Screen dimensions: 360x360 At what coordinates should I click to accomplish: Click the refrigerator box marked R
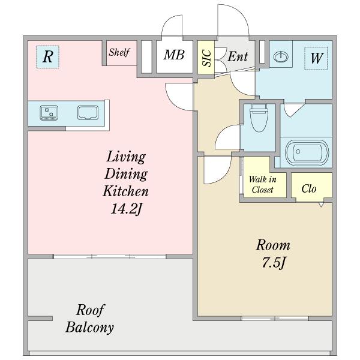click(x=48, y=57)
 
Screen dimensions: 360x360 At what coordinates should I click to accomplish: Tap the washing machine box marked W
click(x=316, y=58)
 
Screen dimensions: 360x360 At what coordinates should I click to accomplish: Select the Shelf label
click(x=119, y=53)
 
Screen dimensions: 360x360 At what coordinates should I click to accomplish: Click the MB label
click(x=174, y=55)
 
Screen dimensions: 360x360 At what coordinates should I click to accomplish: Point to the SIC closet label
click(x=206, y=58)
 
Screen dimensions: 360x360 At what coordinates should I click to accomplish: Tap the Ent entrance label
click(x=238, y=56)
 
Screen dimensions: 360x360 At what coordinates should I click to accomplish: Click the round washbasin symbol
click(x=281, y=57)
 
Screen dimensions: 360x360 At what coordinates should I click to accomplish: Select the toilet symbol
click(x=259, y=118)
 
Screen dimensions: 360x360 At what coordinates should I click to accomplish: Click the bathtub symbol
click(x=307, y=152)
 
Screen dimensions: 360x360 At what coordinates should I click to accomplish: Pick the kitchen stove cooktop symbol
click(x=49, y=113)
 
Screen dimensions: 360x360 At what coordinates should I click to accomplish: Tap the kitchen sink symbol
click(x=88, y=113)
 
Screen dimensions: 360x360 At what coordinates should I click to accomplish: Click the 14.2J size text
click(x=127, y=209)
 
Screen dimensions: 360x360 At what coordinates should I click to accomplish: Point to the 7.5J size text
click(x=274, y=263)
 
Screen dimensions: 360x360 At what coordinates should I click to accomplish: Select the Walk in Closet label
click(x=262, y=184)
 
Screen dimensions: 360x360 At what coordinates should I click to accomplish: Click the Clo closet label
click(x=309, y=189)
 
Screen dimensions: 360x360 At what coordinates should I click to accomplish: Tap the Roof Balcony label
click(x=90, y=319)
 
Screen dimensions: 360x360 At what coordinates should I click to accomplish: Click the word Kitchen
click(x=125, y=191)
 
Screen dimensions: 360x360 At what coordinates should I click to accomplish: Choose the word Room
click(x=273, y=245)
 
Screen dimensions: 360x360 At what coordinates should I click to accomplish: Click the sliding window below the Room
click(x=275, y=318)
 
